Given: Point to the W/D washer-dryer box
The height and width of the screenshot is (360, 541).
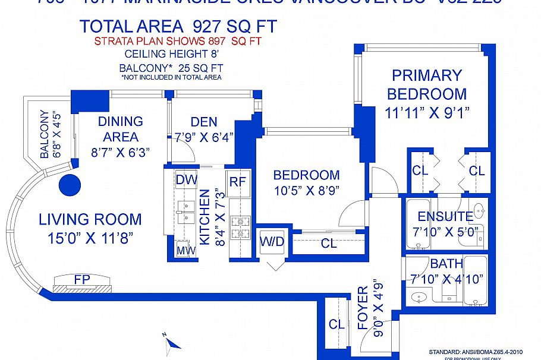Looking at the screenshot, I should coord(271,242).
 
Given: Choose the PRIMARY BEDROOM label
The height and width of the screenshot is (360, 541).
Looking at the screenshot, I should coord(427,84).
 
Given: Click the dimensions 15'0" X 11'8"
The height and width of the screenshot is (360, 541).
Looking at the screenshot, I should coord(90,238).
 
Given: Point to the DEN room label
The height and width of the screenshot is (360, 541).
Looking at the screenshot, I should coord(204,122).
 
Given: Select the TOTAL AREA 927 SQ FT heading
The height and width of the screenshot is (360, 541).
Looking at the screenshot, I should coord(178,27).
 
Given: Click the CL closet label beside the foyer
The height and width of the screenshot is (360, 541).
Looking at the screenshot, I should coord(336,324).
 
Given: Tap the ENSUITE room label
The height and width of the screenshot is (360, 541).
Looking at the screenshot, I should coord(445,216).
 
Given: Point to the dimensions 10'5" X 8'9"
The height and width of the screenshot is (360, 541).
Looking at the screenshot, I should coord(306,192).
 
